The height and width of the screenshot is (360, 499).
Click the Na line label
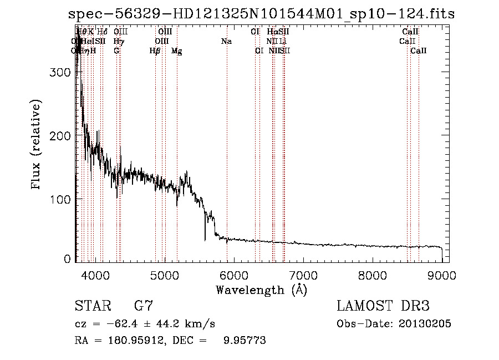click(x=226, y=41)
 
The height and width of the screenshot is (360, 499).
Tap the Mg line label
click(x=176, y=51)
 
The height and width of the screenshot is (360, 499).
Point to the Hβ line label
click(x=155, y=51)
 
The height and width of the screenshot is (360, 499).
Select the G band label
click(x=116, y=50)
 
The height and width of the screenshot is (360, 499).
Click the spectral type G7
click(x=144, y=306)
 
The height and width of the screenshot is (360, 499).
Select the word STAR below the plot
click(x=92, y=306)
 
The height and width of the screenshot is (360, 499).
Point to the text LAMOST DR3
click(x=383, y=306)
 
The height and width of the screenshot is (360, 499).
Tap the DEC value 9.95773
click(x=243, y=341)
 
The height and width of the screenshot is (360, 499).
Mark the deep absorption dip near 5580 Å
click(x=205, y=239)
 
